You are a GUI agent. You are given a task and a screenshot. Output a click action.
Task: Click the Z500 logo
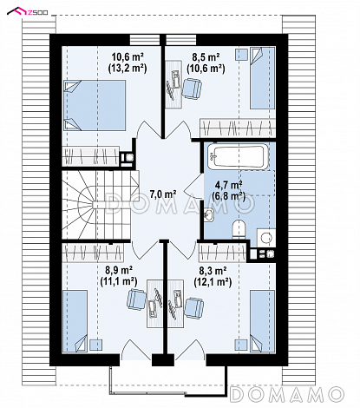click(x=28, y=11)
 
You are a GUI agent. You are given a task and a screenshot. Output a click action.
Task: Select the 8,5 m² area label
click(x=206, y=56)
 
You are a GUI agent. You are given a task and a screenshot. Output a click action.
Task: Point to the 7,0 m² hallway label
click(x=163, y=194)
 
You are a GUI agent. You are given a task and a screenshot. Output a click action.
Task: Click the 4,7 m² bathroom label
click(x=228, y=184)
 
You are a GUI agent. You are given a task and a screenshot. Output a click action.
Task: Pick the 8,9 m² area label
click(x=119, y=270)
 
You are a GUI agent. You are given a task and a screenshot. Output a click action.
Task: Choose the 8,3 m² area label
click(x=213, y=271)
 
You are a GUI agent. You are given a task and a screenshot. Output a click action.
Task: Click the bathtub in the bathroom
click(x=239, y=157)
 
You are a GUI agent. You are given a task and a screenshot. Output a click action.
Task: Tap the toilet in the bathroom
click(x=239, y=230)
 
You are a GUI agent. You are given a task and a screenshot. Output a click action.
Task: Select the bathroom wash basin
click(x=209, y=214)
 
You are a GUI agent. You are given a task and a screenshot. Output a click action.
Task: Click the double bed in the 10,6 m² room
click(x=95, y=105)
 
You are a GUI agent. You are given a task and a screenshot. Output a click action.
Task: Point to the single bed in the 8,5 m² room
click(x=263, y=78)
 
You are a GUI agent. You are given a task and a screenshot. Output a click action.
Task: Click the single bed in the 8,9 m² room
click(x=75, y=321)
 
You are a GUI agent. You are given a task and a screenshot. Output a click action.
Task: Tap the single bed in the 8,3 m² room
click(x=262, y=321)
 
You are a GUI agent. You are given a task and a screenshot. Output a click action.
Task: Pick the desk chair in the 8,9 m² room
click(x=136, y=299)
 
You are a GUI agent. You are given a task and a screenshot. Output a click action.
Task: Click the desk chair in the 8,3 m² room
click(x=194, y=308)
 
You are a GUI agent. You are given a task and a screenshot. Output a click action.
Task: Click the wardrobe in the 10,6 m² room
click(x=90, y=156)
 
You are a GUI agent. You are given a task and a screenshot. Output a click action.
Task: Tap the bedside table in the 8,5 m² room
click(x=242, y=55)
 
